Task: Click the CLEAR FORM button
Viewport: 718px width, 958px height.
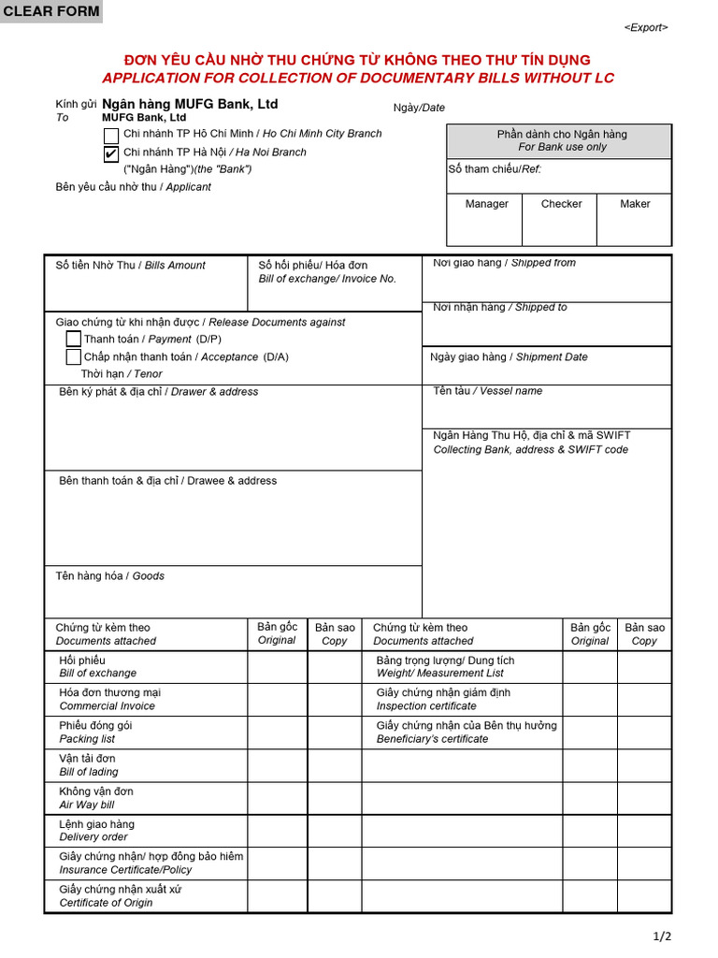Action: pos(50,11)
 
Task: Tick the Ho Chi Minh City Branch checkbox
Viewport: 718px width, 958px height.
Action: pos(111,136)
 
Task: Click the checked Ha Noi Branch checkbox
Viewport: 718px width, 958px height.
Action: pos(111,153)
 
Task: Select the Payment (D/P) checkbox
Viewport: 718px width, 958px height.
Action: pos(74,339)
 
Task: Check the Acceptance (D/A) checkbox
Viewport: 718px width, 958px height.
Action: pos(74,356)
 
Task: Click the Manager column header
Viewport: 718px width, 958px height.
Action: pos(486,204)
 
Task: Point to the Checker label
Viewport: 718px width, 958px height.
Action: pos(561,204)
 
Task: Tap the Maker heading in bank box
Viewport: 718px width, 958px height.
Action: pos(635,204)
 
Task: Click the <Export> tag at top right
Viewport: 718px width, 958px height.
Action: pos(646,28)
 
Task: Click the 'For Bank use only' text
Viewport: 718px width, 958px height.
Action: pos(562,147)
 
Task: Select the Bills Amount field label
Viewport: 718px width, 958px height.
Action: pos(130,266)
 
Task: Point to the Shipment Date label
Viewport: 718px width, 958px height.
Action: pos(509,357)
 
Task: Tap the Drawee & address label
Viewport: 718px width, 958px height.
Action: pos(167,481)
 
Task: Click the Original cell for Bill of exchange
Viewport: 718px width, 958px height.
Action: pos(277,667)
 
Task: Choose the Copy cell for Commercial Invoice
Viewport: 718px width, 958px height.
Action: pos(334,700)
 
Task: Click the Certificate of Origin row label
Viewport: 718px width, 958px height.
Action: pos(106,896)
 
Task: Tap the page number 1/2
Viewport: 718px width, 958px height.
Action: pos(662,936)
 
